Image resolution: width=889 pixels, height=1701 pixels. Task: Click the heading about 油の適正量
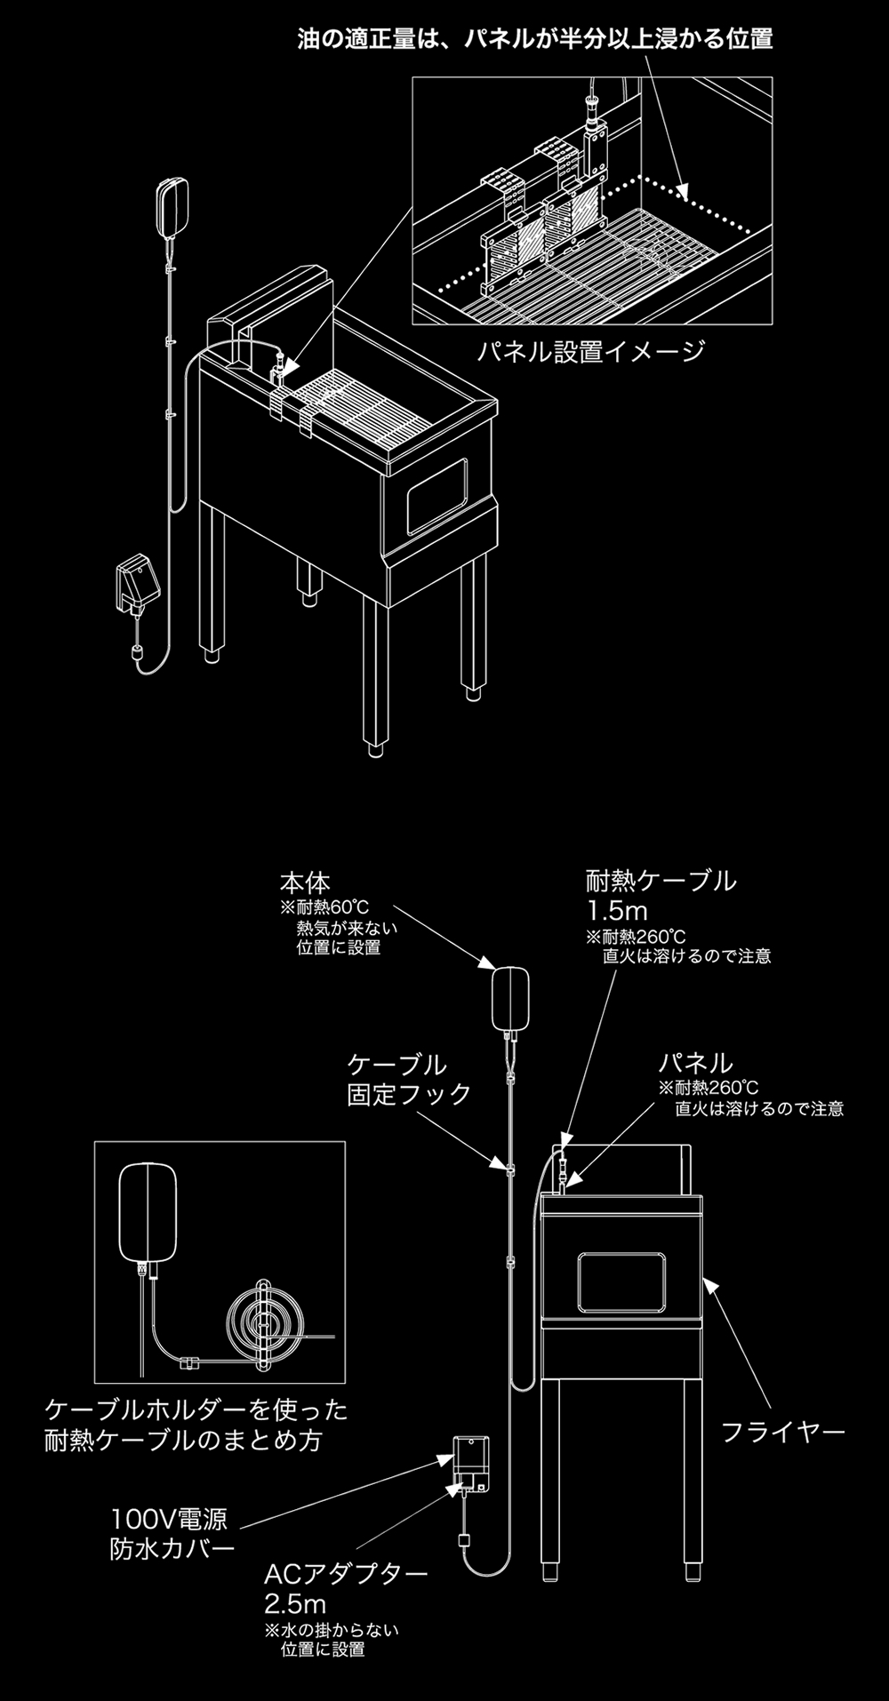[534, 39]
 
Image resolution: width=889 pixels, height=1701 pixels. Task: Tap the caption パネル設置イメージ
[589, 352]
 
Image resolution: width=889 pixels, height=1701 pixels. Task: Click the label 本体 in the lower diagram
[305, 882]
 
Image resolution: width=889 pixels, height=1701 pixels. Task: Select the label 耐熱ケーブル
[661, 881]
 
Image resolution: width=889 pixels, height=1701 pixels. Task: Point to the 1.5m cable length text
[617, 911]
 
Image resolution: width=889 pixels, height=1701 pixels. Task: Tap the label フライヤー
[782, 1432]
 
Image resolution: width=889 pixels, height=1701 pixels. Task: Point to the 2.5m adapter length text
[295, 1604]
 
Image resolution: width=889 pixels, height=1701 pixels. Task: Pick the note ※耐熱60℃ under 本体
[324, 907]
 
